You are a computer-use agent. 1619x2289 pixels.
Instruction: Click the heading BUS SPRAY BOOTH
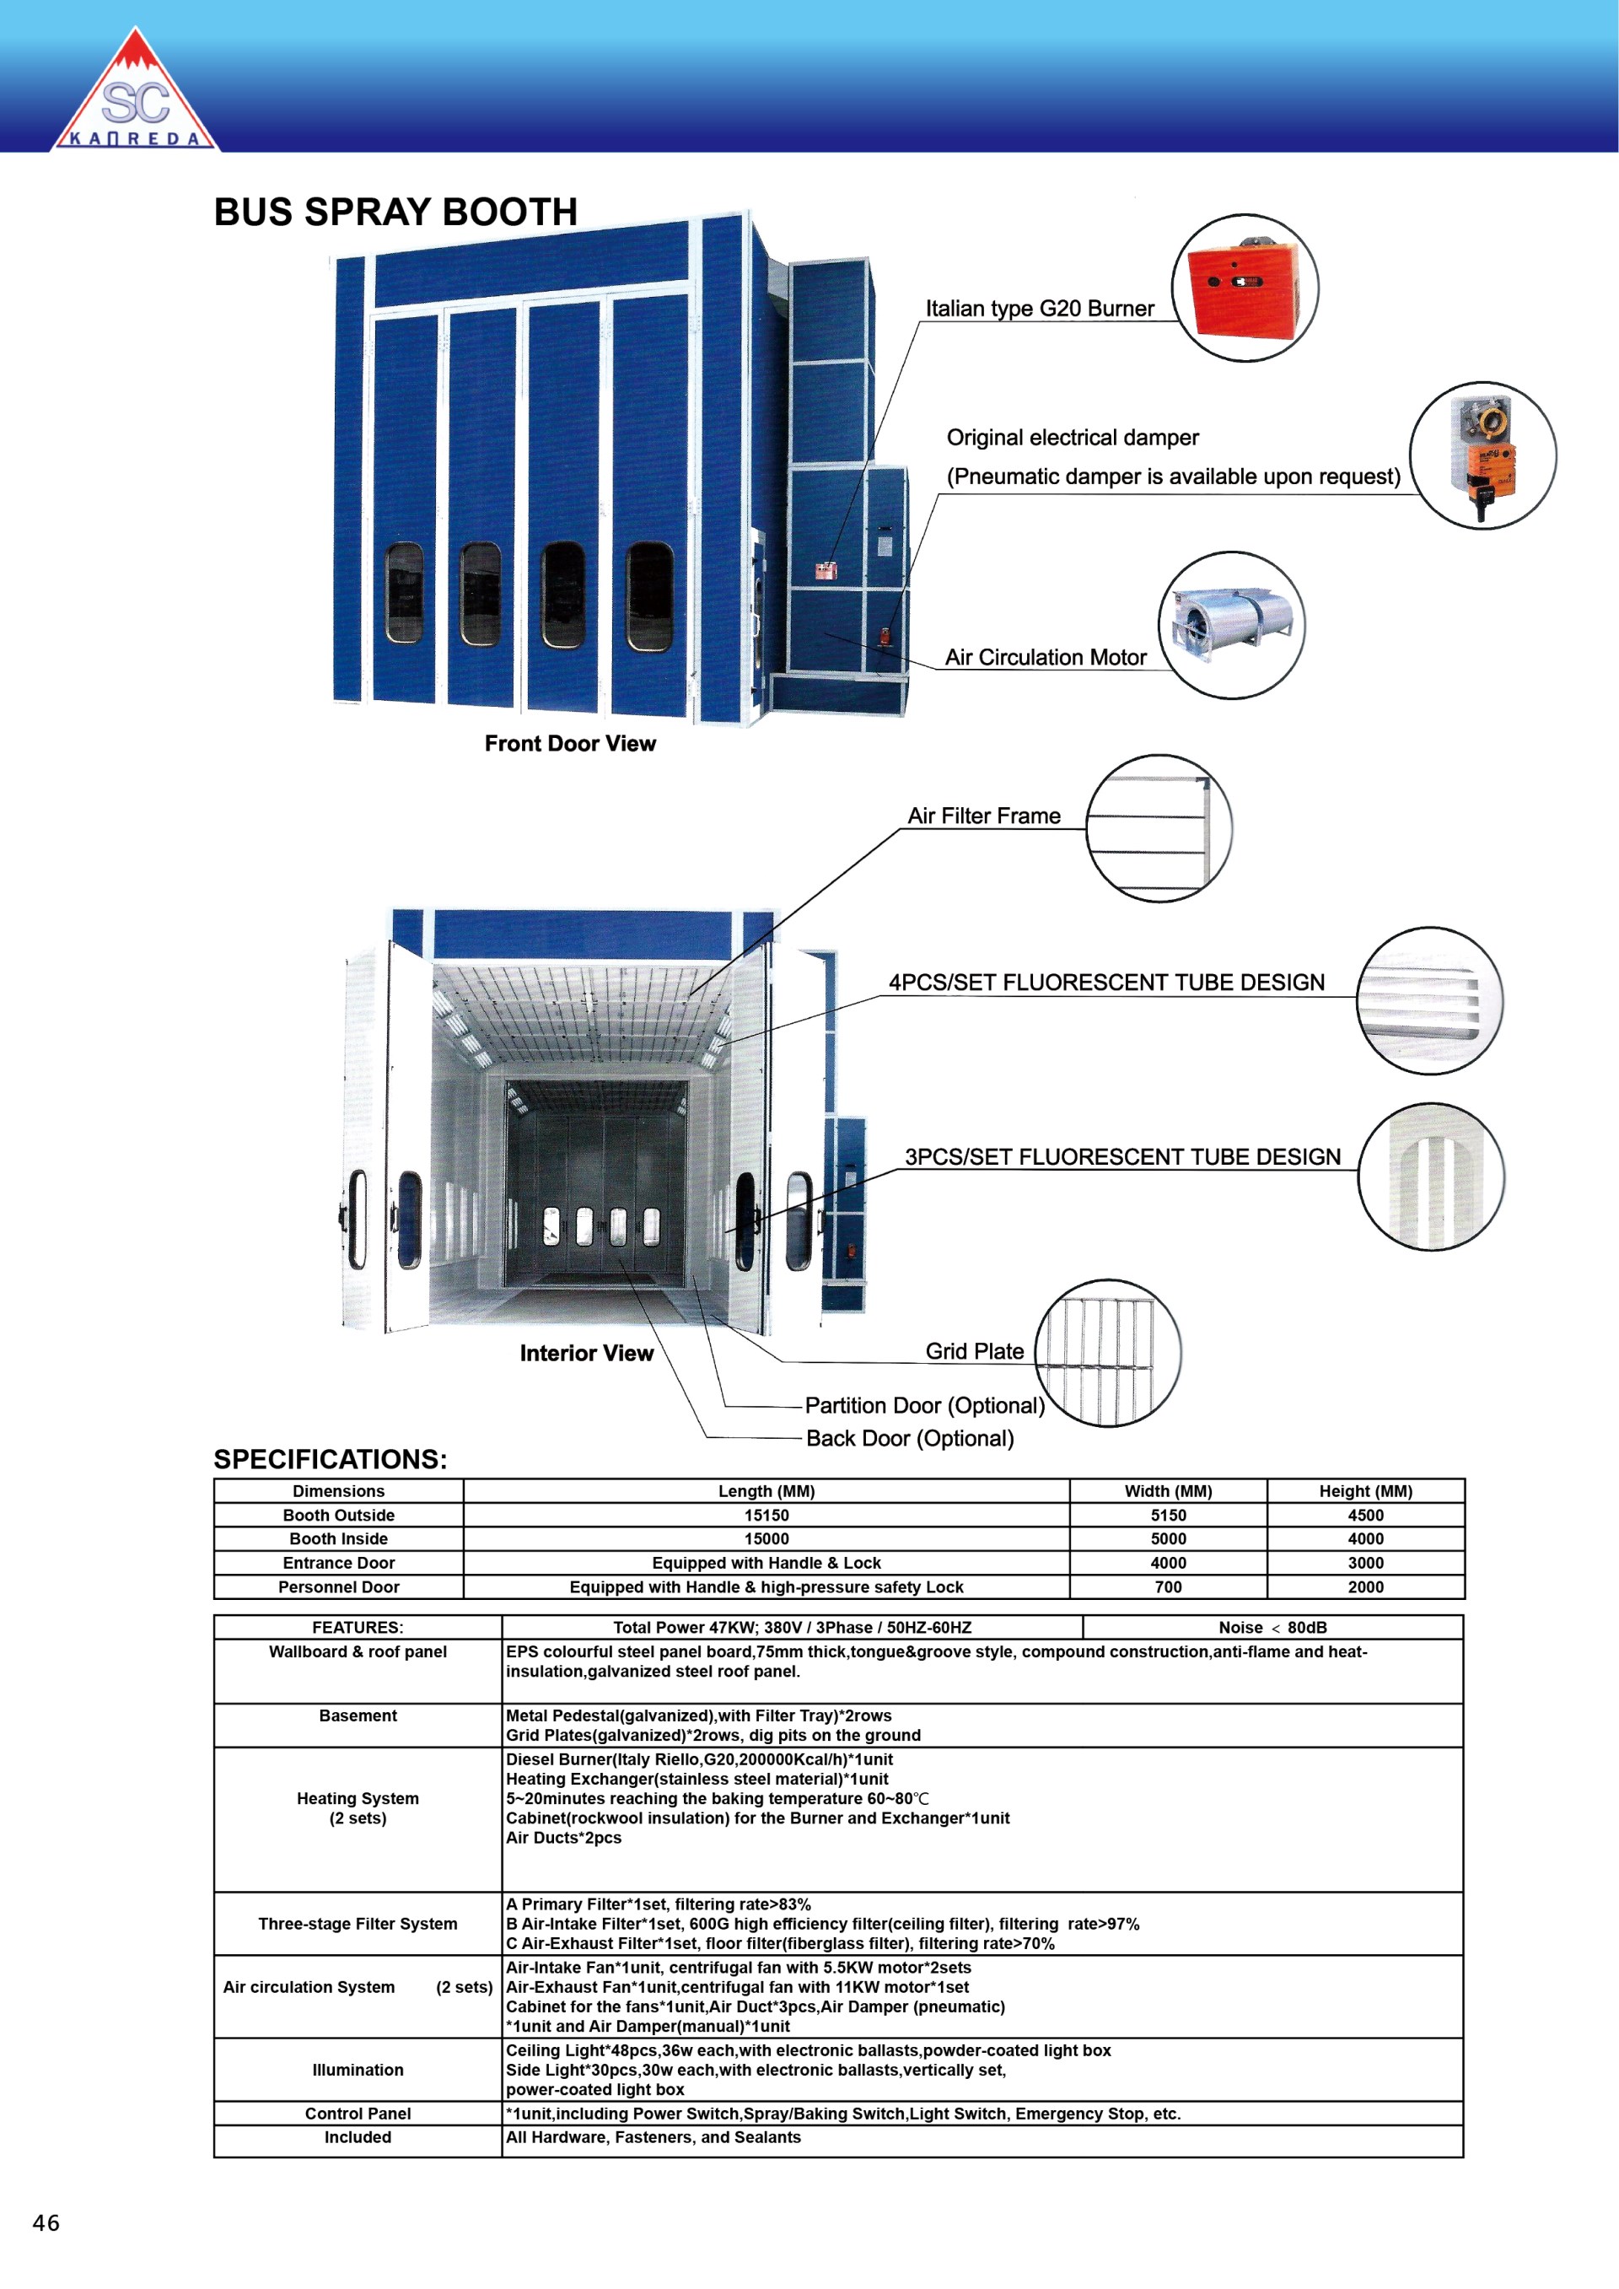tap(395, 213)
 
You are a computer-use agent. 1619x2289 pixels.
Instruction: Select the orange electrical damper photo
tap(1482, 455)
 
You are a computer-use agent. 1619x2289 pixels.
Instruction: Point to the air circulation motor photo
tap(1231, 625)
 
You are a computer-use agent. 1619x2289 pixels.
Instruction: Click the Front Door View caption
tap(570, 744)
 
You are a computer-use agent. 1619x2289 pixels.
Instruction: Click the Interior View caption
tap(586, 1353)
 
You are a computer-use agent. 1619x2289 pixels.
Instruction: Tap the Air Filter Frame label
tap(983, 816)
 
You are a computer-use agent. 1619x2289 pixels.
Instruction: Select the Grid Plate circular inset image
tap(1107, 1353)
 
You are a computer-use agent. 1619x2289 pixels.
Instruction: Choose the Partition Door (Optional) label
tap(924, 1406)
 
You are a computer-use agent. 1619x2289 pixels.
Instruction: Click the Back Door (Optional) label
tap(909, 1439)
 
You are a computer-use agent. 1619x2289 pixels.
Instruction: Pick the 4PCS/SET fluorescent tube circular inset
tap(1429, 1000)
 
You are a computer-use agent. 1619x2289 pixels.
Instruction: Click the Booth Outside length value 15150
tap(766, 1516)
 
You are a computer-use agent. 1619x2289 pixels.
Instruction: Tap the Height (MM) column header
tap(1365, 1491)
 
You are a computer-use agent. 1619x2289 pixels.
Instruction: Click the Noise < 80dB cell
tap(1272, 1628)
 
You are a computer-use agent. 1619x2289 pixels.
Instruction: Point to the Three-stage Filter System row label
tap(358, 1924)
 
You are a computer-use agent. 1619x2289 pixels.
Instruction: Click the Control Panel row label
tap(358, 2114)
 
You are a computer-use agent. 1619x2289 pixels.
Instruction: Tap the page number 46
tap(46, 2222)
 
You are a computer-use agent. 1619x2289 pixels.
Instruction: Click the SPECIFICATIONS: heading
tap(330, 1460)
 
